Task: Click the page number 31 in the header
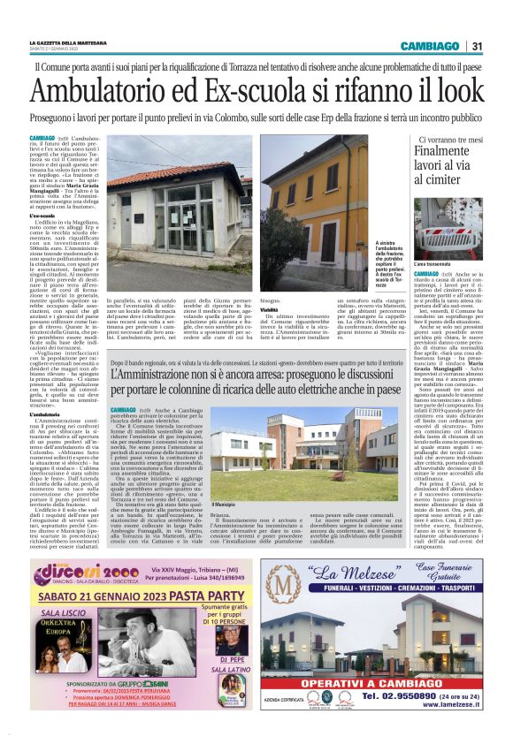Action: click(x=477, y=47)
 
